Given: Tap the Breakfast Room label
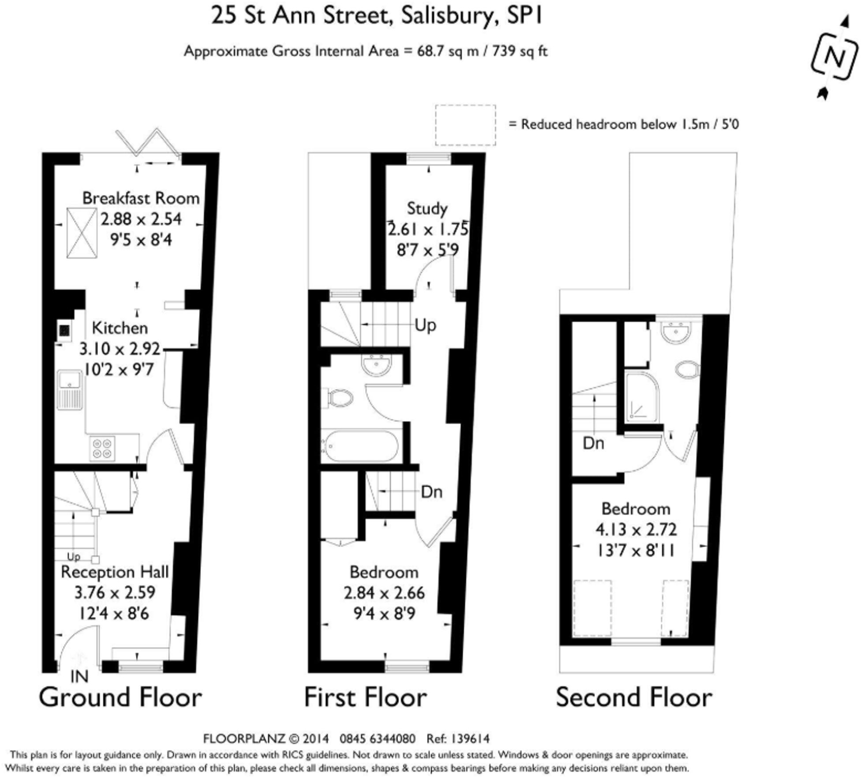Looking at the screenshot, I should tap(141, 198).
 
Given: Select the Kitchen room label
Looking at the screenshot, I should tap(120, 328).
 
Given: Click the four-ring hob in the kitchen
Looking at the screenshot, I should tap(102, 448).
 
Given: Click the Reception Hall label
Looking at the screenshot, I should tap(115, 572).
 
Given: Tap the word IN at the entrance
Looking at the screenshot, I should tap(79, 676).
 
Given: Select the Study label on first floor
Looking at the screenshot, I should tap(427, 208).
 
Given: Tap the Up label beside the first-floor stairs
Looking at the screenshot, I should tap(425, 325).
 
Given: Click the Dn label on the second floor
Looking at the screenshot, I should tap(593, 443).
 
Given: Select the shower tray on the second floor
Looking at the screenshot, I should tap(642, 396).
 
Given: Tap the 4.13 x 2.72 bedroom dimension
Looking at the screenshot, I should tap(636, 529).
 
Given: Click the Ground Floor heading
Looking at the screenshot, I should tap(120, 698).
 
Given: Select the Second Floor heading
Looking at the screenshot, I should tap(634, 698).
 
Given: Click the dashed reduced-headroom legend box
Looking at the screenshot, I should tap(465, 125).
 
